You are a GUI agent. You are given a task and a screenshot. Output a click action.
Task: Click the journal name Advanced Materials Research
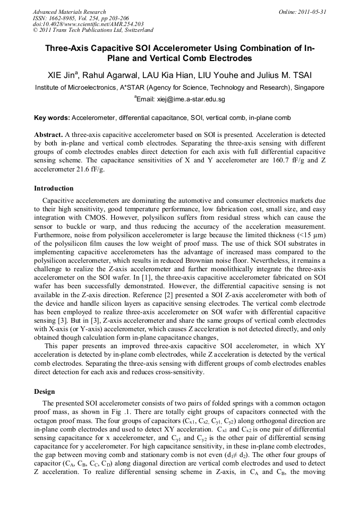click(x=69, y=12)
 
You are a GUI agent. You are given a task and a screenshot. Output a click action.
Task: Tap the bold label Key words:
click(x=51, y=117)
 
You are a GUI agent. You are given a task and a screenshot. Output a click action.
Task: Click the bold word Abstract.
click(x=48, y=135)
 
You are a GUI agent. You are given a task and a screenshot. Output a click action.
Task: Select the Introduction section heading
click(x=54, y=188)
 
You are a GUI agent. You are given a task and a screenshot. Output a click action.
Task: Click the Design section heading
click(x=45, y=391)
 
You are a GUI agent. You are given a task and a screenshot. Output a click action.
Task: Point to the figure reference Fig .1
click(x=131, y=411)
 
